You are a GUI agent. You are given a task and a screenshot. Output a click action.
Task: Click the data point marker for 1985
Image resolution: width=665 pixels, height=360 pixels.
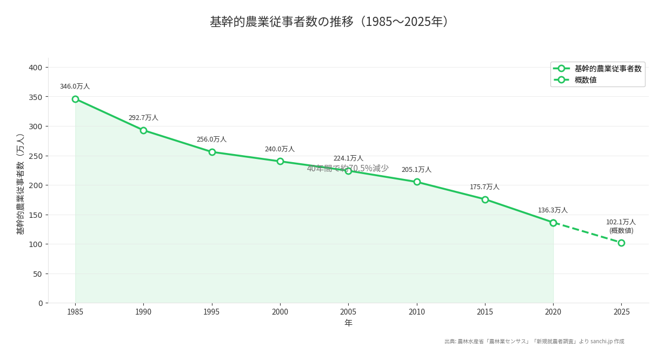tap(75, 99)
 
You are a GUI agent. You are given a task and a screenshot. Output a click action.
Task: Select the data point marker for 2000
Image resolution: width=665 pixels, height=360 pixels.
tap(280, 161)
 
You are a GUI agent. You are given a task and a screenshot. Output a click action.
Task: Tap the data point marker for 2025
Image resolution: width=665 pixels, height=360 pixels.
tap(621, 243)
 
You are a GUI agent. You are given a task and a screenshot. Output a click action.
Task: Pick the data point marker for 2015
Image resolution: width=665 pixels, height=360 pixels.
tap(485, 199)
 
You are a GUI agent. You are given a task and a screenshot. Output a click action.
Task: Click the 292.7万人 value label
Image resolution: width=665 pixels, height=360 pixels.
tap(143, 118)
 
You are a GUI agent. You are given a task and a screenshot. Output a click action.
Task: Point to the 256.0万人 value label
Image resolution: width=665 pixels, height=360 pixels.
tap(211, 139)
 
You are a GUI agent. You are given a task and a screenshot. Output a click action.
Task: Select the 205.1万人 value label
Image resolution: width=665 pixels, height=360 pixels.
tap(416, 170)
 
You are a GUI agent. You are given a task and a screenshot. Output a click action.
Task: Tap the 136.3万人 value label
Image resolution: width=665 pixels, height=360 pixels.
tap(553, 210)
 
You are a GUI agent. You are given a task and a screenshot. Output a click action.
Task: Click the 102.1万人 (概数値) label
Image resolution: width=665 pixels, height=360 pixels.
tap(621, 226)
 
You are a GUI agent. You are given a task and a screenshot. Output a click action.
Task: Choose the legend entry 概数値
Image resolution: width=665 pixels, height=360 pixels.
tap(586, 80)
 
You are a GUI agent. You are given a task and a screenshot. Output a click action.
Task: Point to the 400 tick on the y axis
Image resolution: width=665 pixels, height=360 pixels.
tap(36, 68)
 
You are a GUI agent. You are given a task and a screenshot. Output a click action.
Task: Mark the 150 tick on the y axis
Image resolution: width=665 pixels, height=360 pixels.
tap(36, 215)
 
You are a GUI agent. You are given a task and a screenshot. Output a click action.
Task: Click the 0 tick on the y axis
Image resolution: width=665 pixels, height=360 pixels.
tap(40, 303)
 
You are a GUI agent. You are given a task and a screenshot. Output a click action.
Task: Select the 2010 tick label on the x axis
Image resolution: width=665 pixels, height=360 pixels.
tap(416, 312)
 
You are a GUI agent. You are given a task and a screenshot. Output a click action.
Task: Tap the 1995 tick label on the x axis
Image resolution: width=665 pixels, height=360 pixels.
tap(211, 312)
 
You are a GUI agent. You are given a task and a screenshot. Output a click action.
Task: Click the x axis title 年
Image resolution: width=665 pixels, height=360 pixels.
tap(348, 323)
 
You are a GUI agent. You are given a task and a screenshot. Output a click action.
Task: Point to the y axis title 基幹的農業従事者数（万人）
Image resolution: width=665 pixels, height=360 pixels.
tap(21, 184)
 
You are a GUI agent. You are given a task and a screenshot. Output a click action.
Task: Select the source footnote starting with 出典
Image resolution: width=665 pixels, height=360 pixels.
tap(534, 342)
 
